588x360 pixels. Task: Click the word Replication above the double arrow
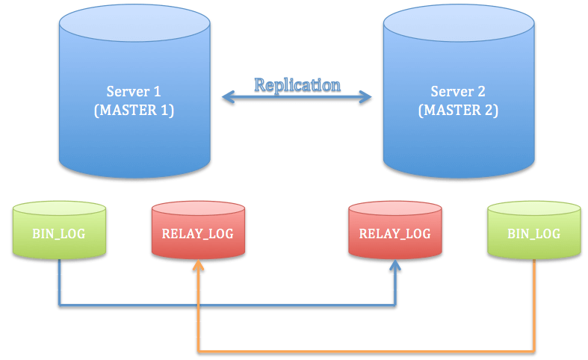[x=297, y=84]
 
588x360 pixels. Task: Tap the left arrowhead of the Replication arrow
[x=226, y=96]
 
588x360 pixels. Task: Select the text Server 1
[x=134, y=92]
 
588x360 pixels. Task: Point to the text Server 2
[x=458, y=92]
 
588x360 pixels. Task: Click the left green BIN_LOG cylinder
[x=59, y=233]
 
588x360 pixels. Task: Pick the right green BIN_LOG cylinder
[x=533, y=233]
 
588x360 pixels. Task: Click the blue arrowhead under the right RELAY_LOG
[x=394, y=266]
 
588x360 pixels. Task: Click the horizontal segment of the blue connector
[x=224, y=305]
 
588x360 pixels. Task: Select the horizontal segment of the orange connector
[x=366, y=350]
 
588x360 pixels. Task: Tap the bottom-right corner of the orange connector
[x=533, y=350]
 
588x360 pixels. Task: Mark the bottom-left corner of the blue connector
[x=59, y=305]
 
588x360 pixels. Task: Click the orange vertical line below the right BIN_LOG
[x=533, y=306]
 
